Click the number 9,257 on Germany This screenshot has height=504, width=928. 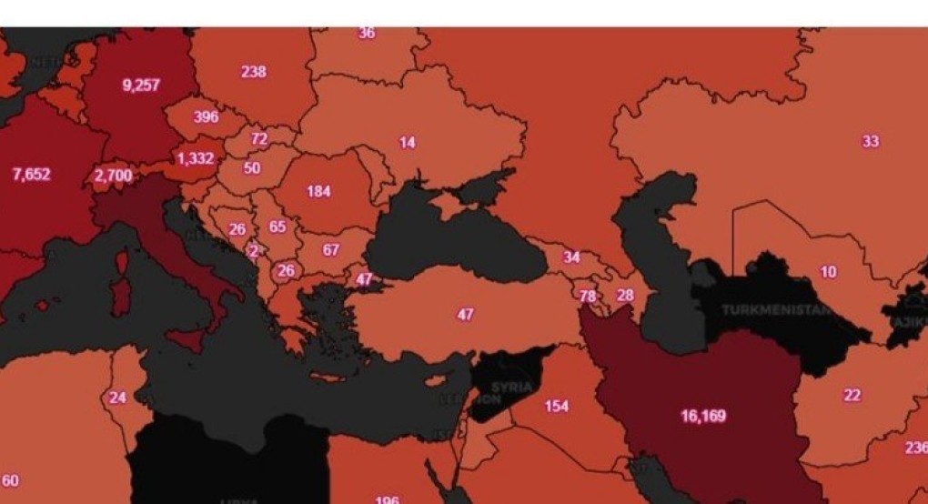tap(141, 86)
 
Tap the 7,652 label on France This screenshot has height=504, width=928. tap(31, 175)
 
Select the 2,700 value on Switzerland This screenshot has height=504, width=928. tap(113, 175)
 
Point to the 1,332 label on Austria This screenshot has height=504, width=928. tap(195, 158)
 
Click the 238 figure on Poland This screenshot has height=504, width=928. tap(253, 71)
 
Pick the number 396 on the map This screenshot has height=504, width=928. tap(206, 116)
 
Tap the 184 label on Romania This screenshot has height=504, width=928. tap(318, 191)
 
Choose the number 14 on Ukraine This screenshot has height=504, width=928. tap(407, 142)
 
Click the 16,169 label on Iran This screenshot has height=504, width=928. tap(703, 416)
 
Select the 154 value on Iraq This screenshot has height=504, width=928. tap(557, 406)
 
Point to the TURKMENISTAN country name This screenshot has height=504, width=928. tap(776, 309)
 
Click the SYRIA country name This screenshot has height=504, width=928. tap(510, 388)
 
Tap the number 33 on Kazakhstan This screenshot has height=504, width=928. tap(871, 141)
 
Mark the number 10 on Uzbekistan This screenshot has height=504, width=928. tap(828, 272)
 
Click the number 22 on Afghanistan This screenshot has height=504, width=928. tap(852, 396)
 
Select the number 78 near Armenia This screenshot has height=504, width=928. tap(588, 297)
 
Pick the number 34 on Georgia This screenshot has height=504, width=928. tap(571, 257)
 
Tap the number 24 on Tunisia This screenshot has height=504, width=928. tap(117, 398)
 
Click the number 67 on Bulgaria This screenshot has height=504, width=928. tap(330, 249)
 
